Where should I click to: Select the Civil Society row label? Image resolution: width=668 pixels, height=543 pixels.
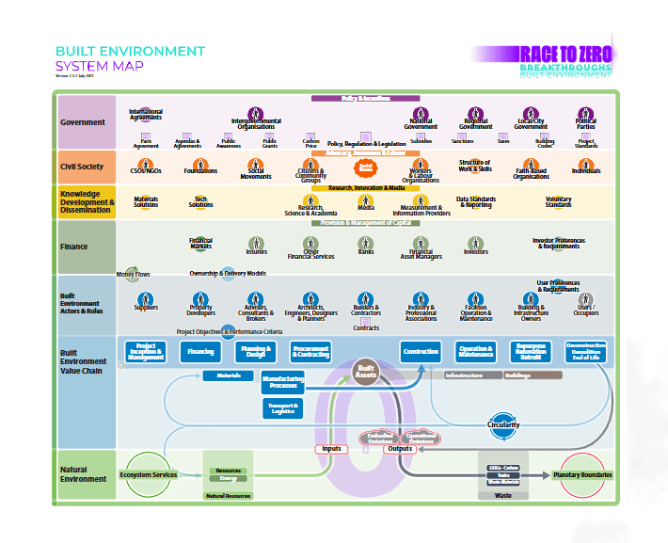click(82, 167)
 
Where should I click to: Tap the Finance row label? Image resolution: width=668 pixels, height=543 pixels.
click(74, 248)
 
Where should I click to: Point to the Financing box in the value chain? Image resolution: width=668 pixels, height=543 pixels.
click(200, 352)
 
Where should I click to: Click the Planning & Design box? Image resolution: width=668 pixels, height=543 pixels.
click(255, 352)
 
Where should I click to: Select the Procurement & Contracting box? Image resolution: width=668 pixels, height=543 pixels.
click(310, 352)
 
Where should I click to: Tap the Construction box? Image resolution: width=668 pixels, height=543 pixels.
click(421, 352)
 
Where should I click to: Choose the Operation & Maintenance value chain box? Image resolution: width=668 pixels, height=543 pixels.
click(475, 352)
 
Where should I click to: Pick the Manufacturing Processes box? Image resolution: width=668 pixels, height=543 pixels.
click(282, 381)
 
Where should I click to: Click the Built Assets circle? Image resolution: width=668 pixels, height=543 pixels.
click(366, 371)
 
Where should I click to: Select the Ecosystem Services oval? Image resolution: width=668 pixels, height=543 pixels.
click(149, 474)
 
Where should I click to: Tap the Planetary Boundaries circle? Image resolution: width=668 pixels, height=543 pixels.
click(583, 474)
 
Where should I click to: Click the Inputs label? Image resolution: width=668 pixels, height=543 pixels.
click(332, 449)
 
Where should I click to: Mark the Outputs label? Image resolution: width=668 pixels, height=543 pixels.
click(400, 449)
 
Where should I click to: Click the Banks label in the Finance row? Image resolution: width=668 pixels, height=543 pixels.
click(366, 252)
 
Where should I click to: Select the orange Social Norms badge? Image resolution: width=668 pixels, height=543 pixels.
click(366, 168)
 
